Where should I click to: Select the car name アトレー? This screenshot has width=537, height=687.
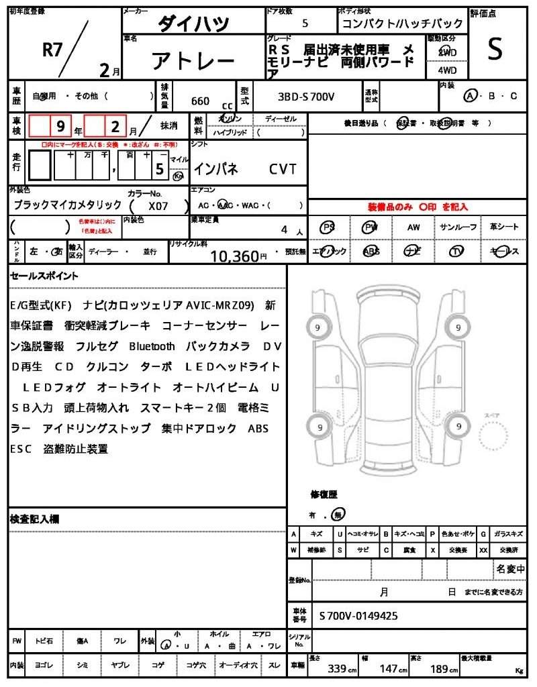point(193,62)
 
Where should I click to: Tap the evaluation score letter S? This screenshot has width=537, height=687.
point(495,49)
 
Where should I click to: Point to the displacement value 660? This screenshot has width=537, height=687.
point(200,101)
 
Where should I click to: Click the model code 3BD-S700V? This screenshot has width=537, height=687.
point(306,97)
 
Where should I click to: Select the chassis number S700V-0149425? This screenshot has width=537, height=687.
point(358,615)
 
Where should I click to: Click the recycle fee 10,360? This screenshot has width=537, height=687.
point(234,256)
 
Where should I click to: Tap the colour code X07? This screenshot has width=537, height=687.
point(159,207)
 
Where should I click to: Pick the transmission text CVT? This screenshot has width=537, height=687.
point(283,169)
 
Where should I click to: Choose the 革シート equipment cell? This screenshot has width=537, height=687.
point(504,227)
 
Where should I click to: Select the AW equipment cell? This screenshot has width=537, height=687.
point(413,227)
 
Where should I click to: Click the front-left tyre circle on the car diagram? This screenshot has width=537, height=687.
point(317,327)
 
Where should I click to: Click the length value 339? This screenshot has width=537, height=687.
point(336,669)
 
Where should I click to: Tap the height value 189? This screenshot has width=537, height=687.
point(440,669)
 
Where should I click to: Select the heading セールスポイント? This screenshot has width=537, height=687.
point(44,276)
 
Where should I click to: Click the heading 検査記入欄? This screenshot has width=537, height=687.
point(35,519)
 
